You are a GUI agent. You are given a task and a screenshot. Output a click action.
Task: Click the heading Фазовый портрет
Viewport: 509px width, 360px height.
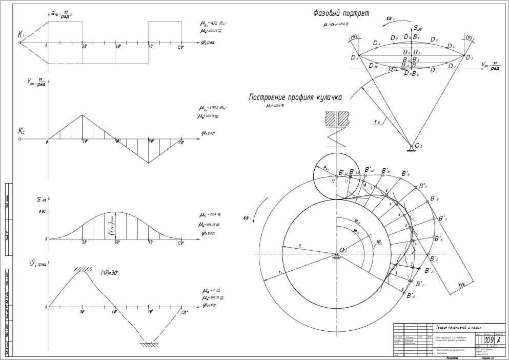pos(341,14)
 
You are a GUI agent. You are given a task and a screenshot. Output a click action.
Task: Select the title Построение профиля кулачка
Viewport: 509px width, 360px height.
pos(295,97)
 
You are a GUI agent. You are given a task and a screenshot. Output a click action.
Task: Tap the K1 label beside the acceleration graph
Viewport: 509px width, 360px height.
pos(21,35)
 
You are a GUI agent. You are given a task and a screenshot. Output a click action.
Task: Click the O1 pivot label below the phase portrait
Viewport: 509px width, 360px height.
pos(418,146)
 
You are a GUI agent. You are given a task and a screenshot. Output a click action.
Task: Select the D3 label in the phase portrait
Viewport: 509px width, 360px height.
pos(469,57)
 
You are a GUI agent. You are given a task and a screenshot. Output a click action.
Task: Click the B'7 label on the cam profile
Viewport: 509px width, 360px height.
pos(423,186)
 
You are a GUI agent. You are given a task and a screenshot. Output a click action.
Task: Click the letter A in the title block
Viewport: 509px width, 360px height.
pos(499,340)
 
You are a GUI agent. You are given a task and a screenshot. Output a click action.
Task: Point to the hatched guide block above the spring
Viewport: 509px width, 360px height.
pos(337,118)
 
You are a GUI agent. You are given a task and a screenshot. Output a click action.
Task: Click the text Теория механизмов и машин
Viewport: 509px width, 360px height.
pos(458,327)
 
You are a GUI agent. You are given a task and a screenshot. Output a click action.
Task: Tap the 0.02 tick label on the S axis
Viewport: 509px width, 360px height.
pos(42,212)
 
